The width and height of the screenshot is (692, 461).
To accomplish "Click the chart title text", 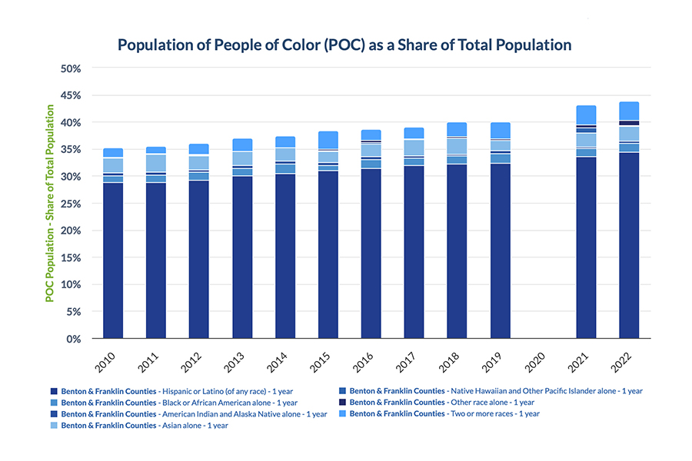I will (x=345, y=45).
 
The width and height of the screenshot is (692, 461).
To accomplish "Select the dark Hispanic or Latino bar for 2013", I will (x=242, y=257).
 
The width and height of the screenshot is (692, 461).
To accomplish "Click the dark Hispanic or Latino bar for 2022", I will (x=629, y=246).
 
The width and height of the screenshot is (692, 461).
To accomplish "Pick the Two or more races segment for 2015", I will (x=328, y=139).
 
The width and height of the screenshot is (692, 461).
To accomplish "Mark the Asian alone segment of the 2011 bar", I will (x=156, y=163).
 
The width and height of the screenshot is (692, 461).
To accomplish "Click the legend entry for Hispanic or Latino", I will (x=175, y=391).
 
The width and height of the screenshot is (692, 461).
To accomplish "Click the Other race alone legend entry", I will (x=441, y=403).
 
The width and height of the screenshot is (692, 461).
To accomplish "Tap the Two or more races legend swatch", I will (x=341, y=414).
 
